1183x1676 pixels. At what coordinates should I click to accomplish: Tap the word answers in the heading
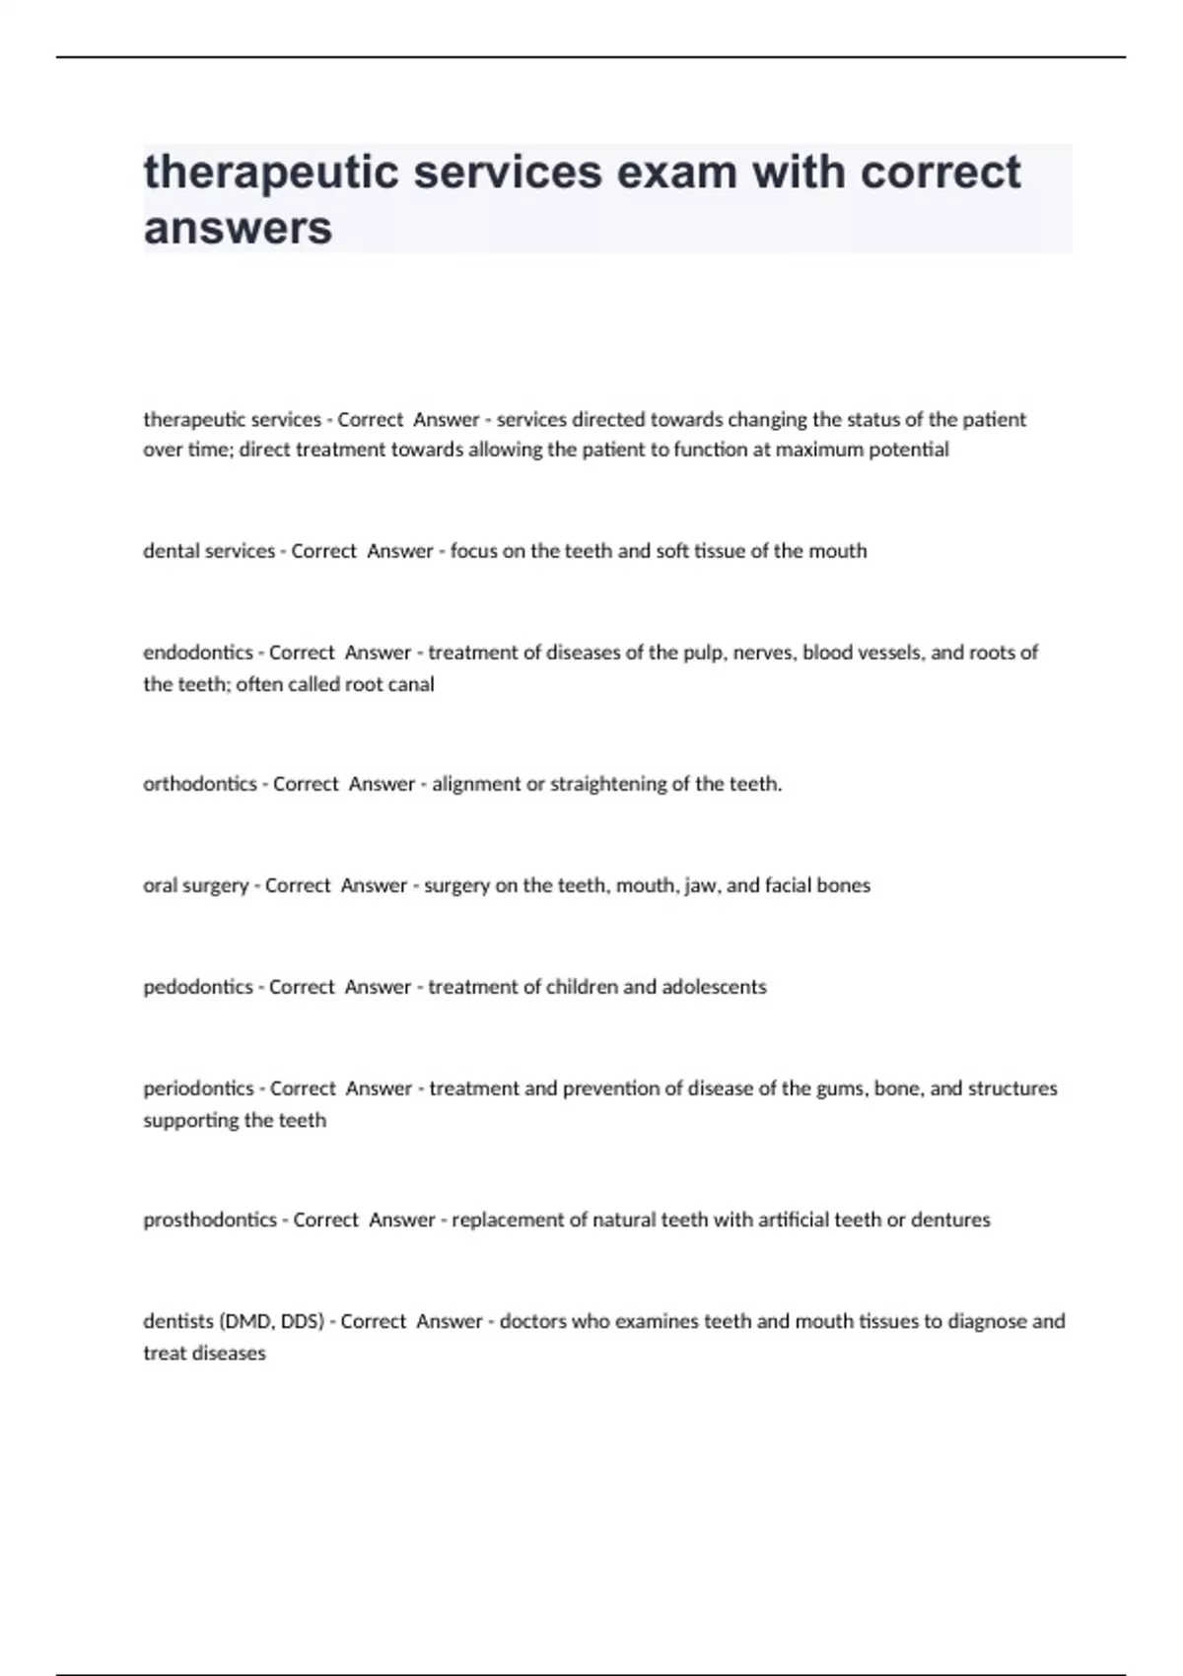click(238, 228)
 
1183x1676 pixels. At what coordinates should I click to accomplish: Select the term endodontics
click(198, 653)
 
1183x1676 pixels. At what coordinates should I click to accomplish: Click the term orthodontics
click(200, 784)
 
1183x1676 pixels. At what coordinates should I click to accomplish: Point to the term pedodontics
click(198, 987)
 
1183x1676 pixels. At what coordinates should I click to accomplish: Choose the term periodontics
click(198, 1088)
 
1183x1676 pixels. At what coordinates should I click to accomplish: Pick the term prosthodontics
click(210, 1220)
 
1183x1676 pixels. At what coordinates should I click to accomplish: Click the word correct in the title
click(940, 172)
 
